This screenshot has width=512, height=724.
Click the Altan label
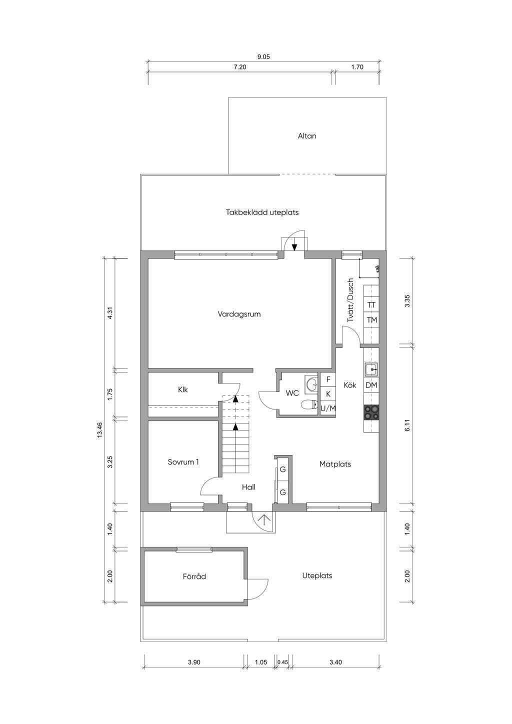306,136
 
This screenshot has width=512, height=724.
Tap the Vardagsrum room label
239,314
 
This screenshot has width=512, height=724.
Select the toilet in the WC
309,405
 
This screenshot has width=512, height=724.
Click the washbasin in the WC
312,384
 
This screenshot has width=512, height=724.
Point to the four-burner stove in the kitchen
371,412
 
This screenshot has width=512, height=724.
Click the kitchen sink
371,369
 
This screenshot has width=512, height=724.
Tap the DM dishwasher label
371,385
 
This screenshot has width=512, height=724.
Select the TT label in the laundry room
371,305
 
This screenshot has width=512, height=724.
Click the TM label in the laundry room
371,320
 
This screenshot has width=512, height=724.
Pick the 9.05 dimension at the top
263,57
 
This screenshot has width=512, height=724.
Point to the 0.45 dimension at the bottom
282,662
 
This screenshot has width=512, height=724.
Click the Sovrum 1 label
183,462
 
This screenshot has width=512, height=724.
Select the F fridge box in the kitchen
328,379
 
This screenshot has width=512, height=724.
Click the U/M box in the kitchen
328,408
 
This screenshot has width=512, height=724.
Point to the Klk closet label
183,390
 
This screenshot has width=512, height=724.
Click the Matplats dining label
335,464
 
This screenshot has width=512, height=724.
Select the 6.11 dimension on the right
407,425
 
